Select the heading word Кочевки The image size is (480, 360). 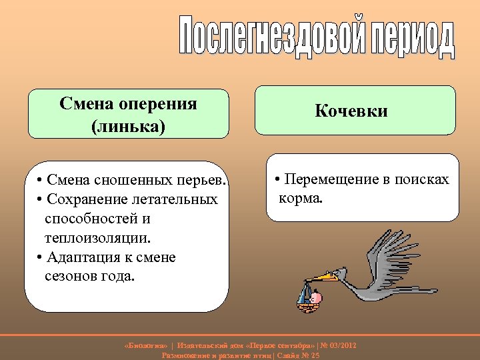click(x=351, y=111)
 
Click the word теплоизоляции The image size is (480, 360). click(x=98, y=237)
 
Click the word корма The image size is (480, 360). click(x=300, y=198)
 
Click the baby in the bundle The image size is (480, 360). click(x=315, y=297)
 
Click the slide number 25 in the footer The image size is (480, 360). click(x=315, y=355)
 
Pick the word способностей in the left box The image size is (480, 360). click(x=97, y=219)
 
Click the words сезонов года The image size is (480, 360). click(x=89, y=275)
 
